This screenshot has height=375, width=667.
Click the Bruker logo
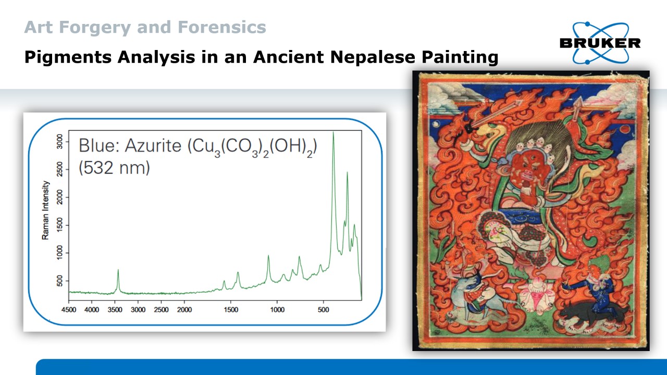pos(599,43)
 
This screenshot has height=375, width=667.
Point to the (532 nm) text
pos(114,168)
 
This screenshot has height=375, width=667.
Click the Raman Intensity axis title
pos(46,210)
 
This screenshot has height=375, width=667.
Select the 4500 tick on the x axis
pos(69,310)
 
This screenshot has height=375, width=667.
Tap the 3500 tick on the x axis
pos(115,310)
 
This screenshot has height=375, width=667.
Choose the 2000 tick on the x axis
pos(184,310)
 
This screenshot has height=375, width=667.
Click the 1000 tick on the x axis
pos(277,310)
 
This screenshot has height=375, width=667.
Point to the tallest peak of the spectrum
pos(333,133)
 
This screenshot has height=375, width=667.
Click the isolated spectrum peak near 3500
pos(118,270)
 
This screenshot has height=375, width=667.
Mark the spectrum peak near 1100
pos(268,256)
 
